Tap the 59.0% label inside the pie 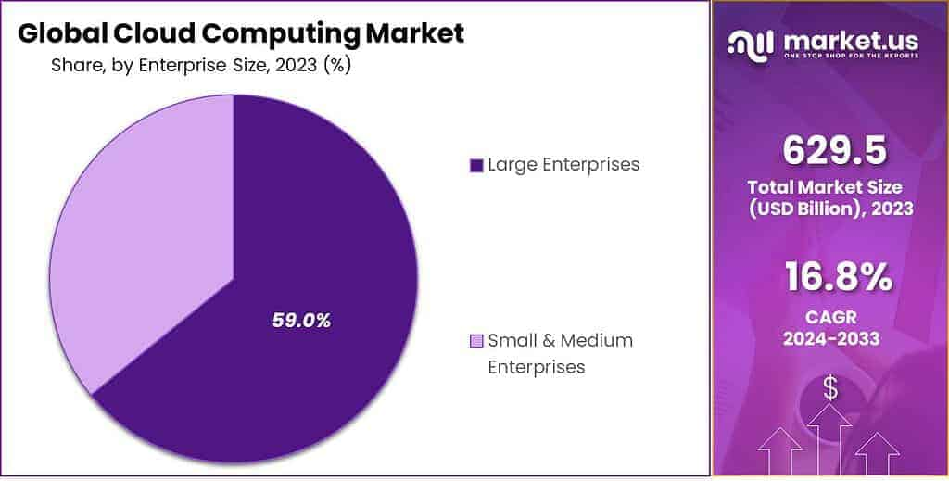coord(301,321)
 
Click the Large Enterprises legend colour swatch coord(476,166)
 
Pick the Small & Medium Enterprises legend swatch coord(476,341)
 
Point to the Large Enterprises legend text coord(563,165)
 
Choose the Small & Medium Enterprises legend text coord(560,353)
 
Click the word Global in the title coord(62,34)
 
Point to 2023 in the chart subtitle coord(292,66)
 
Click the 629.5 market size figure coord(830,150)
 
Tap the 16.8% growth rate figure coord(831,276)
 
